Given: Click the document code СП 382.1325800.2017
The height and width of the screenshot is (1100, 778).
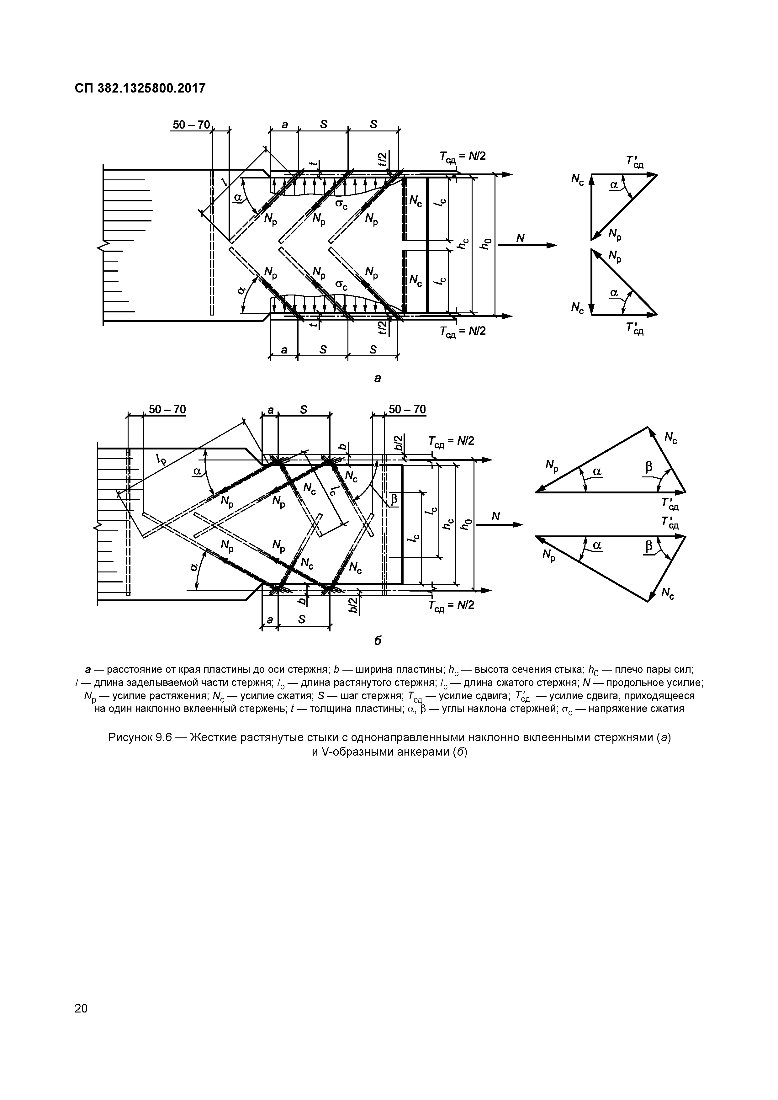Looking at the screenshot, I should tap(140, 88).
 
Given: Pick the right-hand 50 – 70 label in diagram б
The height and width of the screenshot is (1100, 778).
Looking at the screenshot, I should tap(407, 410).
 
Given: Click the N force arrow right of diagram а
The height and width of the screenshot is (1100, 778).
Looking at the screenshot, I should tap(527, 245).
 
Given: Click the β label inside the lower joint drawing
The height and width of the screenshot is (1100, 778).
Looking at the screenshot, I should tap(394, 500).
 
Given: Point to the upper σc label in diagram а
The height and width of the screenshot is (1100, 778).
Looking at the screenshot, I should tap(341, 205).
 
